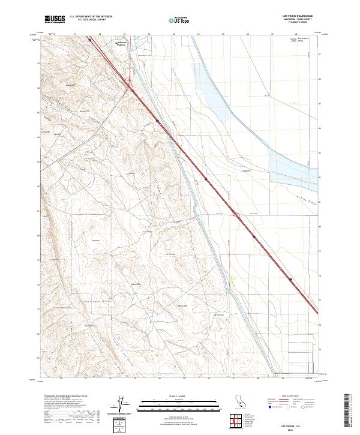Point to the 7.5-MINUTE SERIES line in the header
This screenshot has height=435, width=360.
[304, 23]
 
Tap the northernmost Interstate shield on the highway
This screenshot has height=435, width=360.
[89, 41]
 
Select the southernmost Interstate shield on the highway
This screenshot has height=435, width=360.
[290, 279]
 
